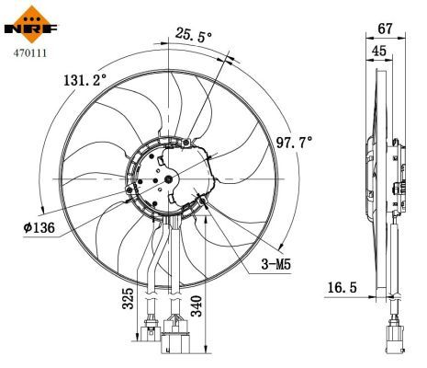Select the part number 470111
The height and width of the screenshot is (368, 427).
point(28,53)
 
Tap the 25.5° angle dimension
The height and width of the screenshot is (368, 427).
point(193,37)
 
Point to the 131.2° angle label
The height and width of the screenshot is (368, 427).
point(85,80)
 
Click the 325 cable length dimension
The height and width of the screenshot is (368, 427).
point(129,299)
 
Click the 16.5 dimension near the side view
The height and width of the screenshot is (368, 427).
point(343,288)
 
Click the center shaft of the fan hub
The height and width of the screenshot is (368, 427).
point(170,178)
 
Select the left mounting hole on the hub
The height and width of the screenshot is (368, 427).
point(128,191)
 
